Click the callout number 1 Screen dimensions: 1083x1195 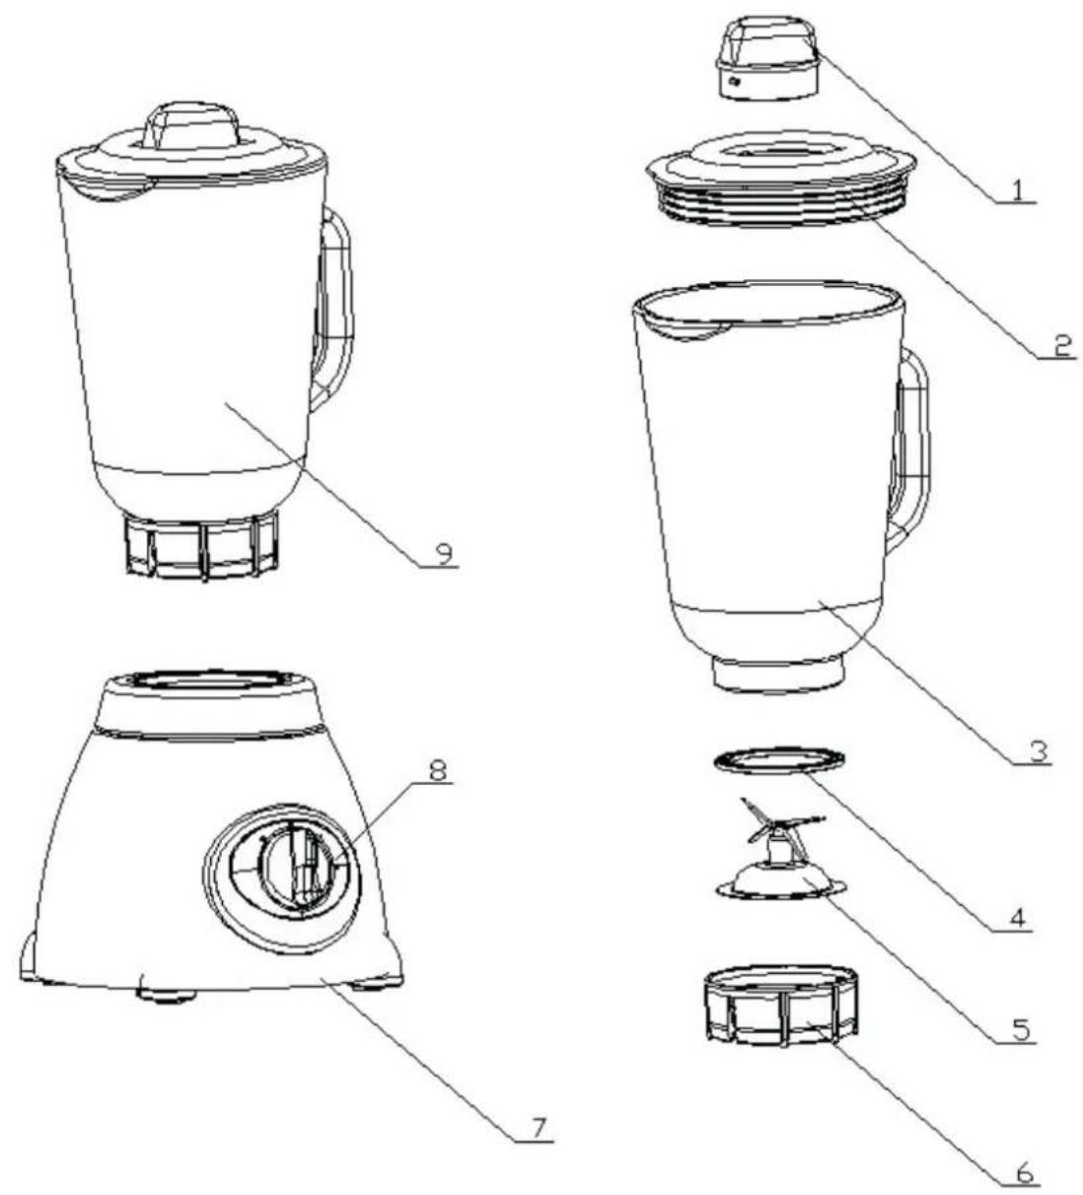pos(1019,190)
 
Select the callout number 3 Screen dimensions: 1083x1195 pos(1038,751)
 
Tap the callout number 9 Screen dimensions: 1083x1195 pos(445,554)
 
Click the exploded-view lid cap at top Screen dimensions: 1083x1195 pos(767,56)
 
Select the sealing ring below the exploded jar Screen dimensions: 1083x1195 pos(778,762)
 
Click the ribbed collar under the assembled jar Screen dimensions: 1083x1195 pos(201,546)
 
